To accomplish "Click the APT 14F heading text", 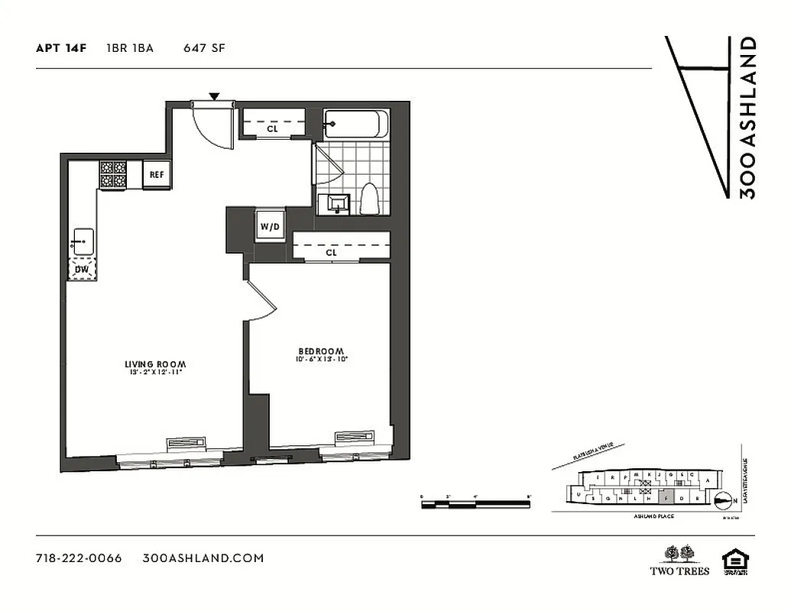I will click(x=61, y=48).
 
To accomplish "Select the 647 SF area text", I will click(x=203, y=48).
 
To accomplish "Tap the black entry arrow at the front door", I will click(x=215, y=96).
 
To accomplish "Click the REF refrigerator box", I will click(x=157, y=174).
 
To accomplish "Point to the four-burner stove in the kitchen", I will click(x=113, y=174).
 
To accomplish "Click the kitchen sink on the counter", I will click(x=82, y=241).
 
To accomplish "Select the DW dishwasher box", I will click(x=81, y=269).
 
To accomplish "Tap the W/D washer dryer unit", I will click(x=269, y=226).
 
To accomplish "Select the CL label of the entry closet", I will click(x=272, y=129).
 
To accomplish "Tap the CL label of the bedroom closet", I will click(x=331, y=252).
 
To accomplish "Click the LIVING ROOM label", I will click(x=156, y=364).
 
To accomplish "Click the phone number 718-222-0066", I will click(x=79, y=558).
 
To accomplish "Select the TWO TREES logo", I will click(x=679, y=561).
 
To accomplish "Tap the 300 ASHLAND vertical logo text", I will click(x=748, y=118).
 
